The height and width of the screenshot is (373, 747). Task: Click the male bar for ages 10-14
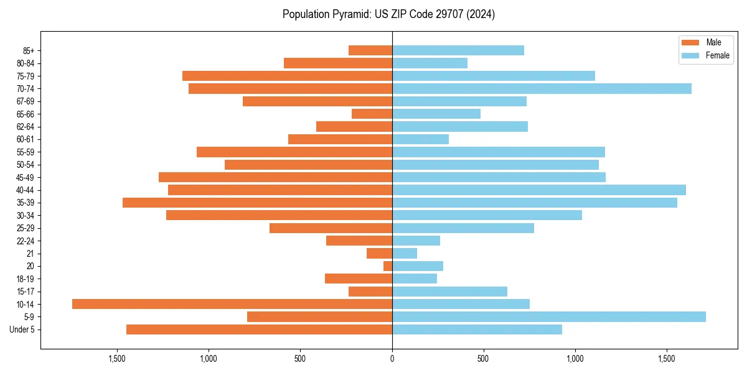(232, 304)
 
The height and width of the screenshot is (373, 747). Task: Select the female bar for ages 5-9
(548, 317)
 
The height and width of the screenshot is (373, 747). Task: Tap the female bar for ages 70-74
(542, 89)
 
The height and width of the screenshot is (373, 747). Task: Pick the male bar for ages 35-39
(257, 203)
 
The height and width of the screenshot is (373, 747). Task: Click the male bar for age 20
(388, 266)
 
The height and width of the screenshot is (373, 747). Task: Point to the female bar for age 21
(405, 254)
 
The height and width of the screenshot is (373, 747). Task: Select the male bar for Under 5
(259, 329)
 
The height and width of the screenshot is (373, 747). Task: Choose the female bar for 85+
(458, 50)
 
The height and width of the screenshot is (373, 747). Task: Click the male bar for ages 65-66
(372, 114)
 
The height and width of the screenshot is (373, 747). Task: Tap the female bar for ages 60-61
(420, 139)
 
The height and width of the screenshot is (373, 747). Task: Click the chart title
(388, 14)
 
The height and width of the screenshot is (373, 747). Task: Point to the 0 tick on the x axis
(392, 359)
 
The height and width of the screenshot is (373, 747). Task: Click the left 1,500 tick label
(117, 359)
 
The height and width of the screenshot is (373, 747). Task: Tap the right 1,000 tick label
(575, 359)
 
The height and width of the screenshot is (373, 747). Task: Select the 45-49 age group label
(26, 177)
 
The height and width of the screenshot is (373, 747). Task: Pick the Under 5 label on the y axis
(22, 329)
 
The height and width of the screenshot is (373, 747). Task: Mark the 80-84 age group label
(26, 63)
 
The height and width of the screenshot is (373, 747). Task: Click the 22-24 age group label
(26, 241)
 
